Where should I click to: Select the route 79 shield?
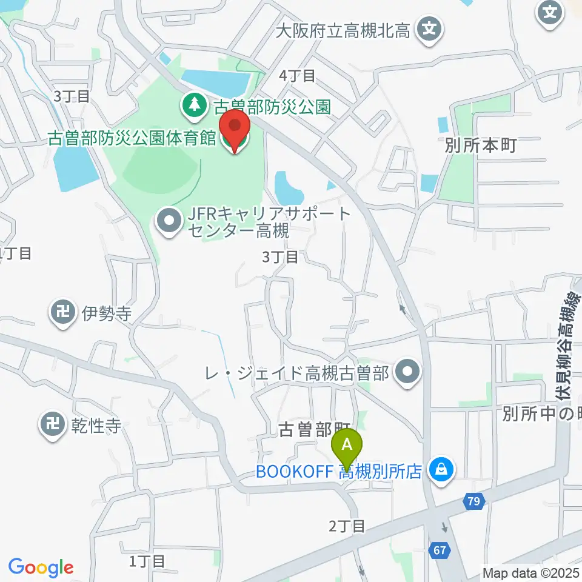coord(474,501)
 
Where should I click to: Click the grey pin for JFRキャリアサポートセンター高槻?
coord(168,222)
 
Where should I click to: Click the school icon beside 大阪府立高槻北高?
coord(430,28)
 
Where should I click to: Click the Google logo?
coord(41,567)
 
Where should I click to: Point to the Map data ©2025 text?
coord(530,572)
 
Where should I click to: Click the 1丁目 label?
coord(147,561)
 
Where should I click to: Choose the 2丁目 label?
coord(347,526)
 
